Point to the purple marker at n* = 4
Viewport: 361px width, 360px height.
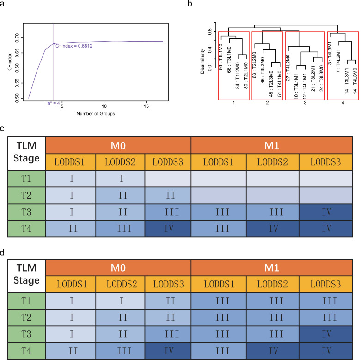click(54, 43)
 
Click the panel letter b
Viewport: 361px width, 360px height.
click(191, 4)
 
